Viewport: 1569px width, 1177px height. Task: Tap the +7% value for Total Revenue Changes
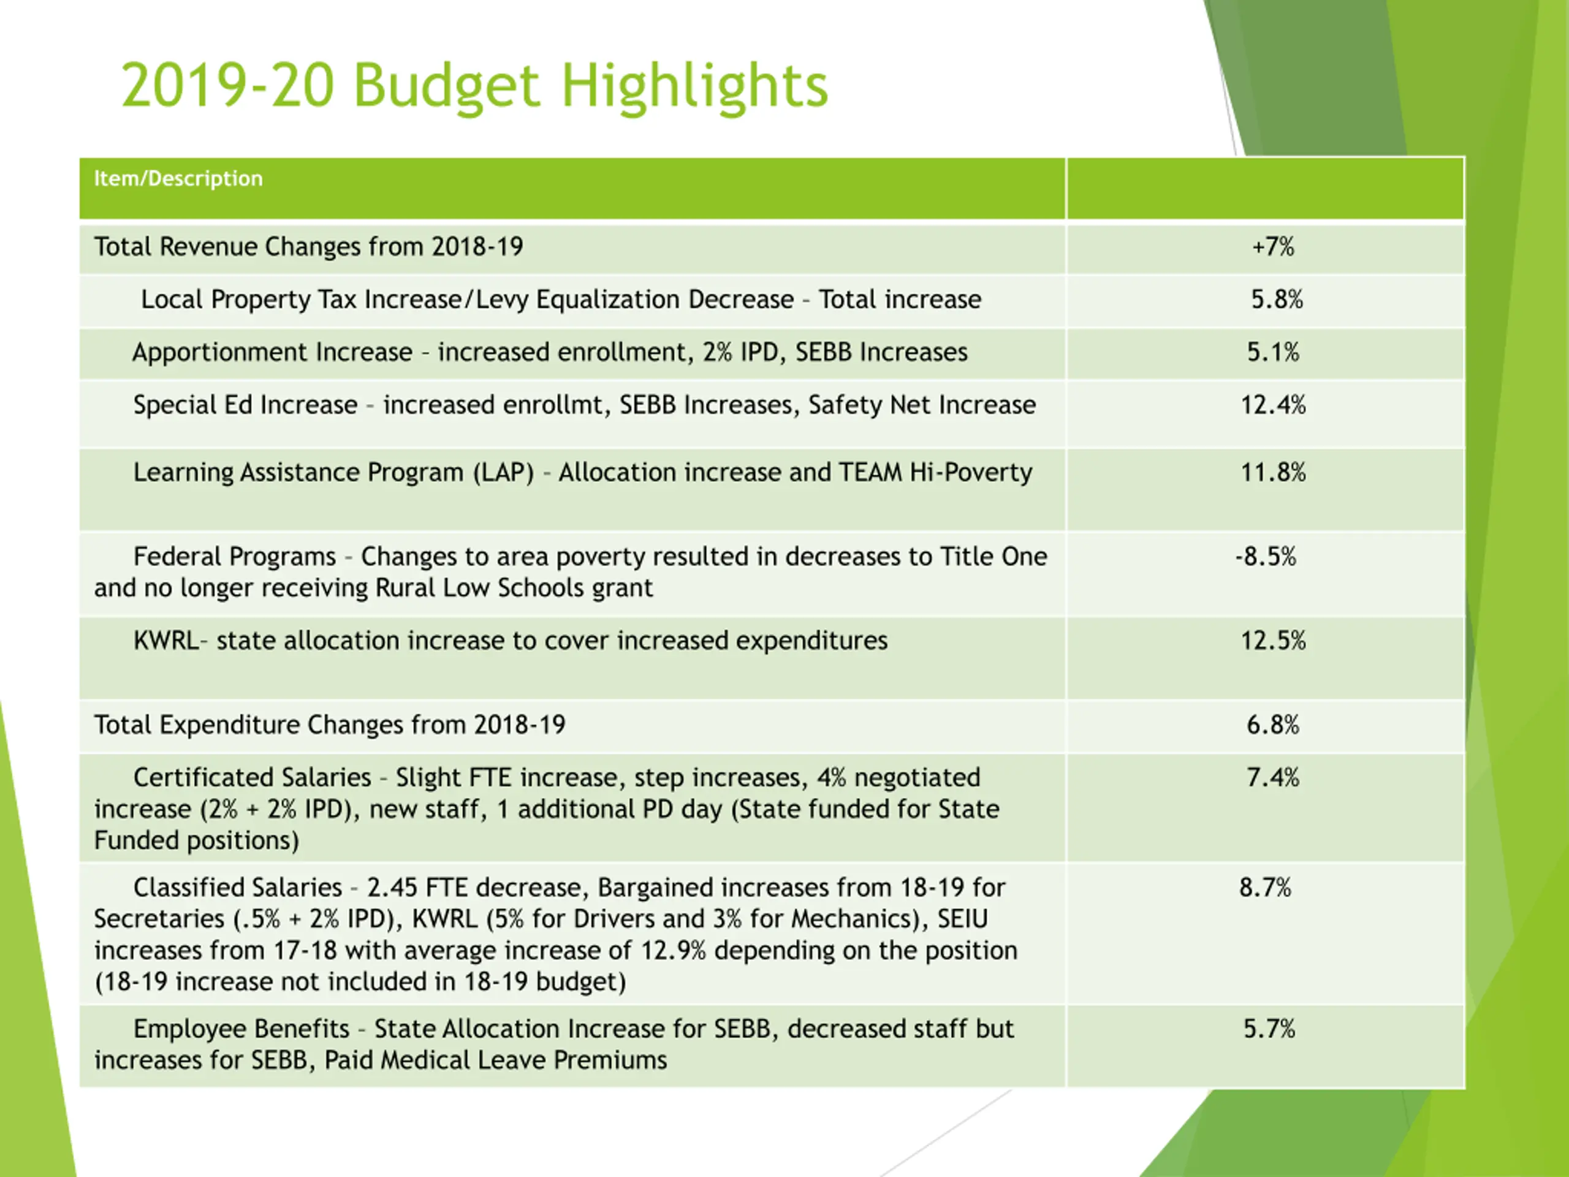point(1273,247)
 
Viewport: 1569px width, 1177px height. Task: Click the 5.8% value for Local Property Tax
point(1277,299)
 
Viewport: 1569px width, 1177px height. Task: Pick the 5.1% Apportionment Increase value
point(1273,352)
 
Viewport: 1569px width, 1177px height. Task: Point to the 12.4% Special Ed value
point(1273,405)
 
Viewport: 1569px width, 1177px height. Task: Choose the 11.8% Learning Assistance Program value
point(1273,473)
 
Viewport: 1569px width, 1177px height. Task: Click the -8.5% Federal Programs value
point(1266,556)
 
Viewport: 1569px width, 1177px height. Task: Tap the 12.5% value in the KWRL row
point(1273,641)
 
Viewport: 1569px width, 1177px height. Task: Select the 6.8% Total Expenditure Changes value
point(1273,725)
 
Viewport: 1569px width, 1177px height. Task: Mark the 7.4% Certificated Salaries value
point(1273,777)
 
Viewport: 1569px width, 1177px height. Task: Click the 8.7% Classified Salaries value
point(1266,888)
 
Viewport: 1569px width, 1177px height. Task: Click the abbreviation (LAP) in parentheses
point(504,473)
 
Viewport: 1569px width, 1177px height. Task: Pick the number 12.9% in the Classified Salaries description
point(673,951)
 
